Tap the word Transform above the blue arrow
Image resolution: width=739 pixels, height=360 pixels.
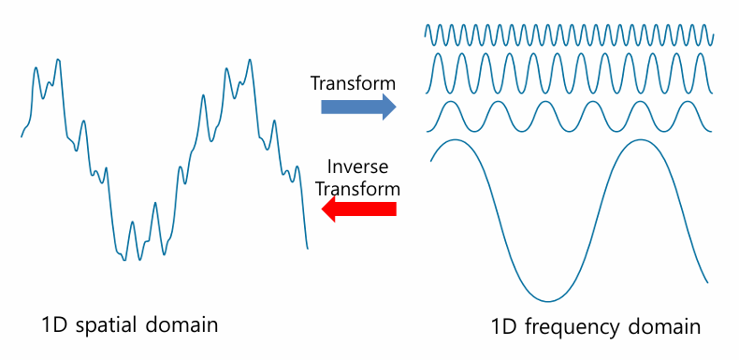click(x=353, y=83)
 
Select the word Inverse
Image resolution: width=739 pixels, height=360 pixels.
click(x=357, y=168)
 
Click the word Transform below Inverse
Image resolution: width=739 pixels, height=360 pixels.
click(x=357, y=188)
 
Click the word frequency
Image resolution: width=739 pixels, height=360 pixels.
click(x=573, y=327)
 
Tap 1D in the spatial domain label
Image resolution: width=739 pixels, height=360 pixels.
click(x=54, y=325)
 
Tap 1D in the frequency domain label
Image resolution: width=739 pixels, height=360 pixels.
click(x=504, y=327)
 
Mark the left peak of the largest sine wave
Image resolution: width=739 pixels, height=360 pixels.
click(x=453, y=140)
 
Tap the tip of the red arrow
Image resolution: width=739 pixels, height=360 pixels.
click(x=323, y=209)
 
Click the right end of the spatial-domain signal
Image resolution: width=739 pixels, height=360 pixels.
click(x=307, y=248)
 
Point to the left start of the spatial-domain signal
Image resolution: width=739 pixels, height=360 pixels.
click(x=22, y=137)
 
